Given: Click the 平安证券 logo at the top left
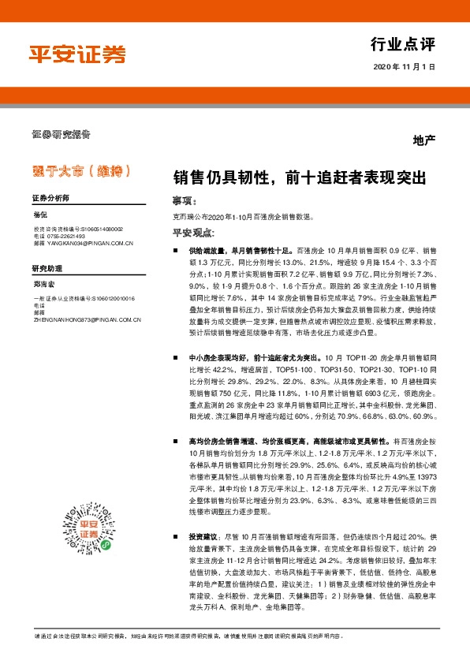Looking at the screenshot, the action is coord(77,54).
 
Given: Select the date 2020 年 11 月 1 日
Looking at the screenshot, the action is coord(405,66).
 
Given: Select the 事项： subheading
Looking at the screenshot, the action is coord(184,200).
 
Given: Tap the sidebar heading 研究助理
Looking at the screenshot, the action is coord(47,268).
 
